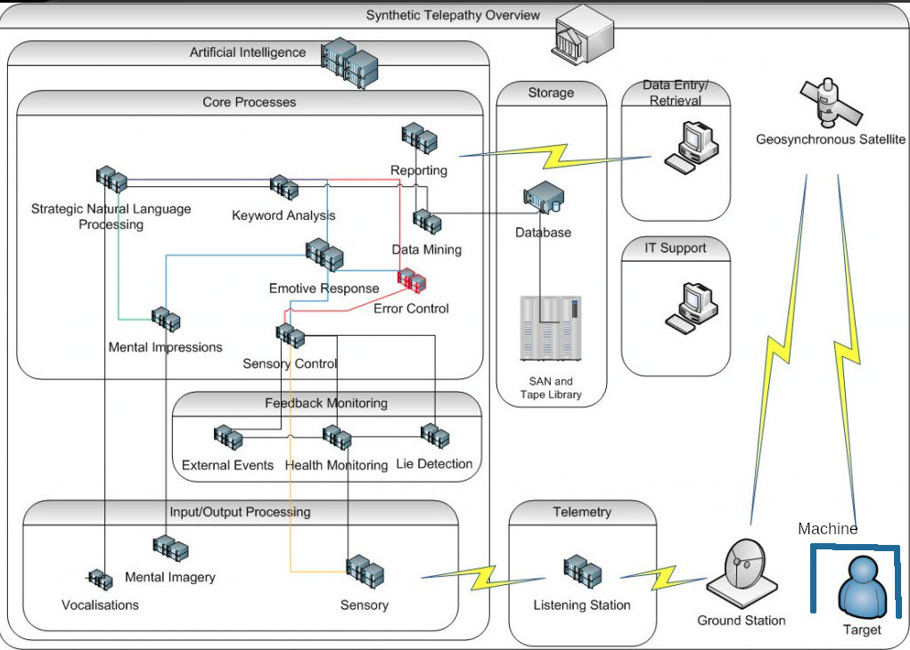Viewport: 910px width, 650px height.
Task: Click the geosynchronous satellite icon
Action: coord(831,103)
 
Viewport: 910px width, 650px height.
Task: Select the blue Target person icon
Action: coord(863,588)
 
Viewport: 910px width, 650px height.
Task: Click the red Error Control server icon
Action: coord(412,280)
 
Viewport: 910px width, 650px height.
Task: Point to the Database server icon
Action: coord(543,197)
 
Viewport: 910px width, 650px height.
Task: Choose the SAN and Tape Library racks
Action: coord(551,329)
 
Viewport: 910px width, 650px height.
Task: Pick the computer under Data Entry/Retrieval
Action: coord(692,147)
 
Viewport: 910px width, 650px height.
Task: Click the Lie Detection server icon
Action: coord(435,436)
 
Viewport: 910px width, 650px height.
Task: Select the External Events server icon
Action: coord(228,438)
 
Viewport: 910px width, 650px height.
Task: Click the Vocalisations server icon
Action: coord(100,580)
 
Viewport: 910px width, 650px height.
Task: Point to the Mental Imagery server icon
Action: coord(170,548)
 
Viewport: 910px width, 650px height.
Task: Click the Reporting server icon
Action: coord(419,138)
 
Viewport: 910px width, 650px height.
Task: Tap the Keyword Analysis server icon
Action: coord(283,187)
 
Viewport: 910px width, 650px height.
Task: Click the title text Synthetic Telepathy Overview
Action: coord(453,15)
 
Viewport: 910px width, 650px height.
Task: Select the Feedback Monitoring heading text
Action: coord(326,403)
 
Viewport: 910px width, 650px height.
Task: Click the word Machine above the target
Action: coord(828,529)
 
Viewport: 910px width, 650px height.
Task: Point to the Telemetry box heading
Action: coord(582,512)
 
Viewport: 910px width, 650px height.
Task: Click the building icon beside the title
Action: coord(584,35)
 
